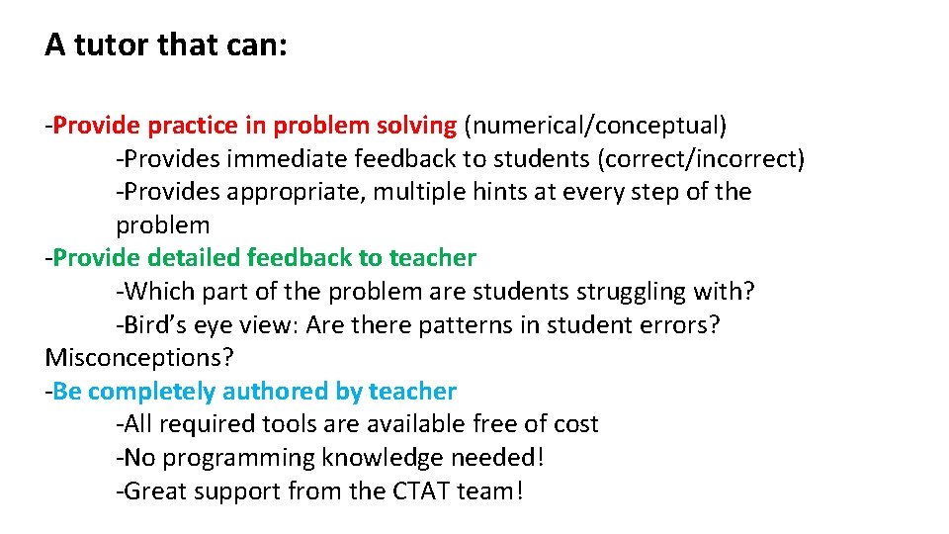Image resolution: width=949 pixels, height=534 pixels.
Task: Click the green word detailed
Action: [x=193, y=258]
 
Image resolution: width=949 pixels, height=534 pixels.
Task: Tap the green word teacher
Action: [x=432, y=258]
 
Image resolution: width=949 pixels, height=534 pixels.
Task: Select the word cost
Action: [x=572, y=424]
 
